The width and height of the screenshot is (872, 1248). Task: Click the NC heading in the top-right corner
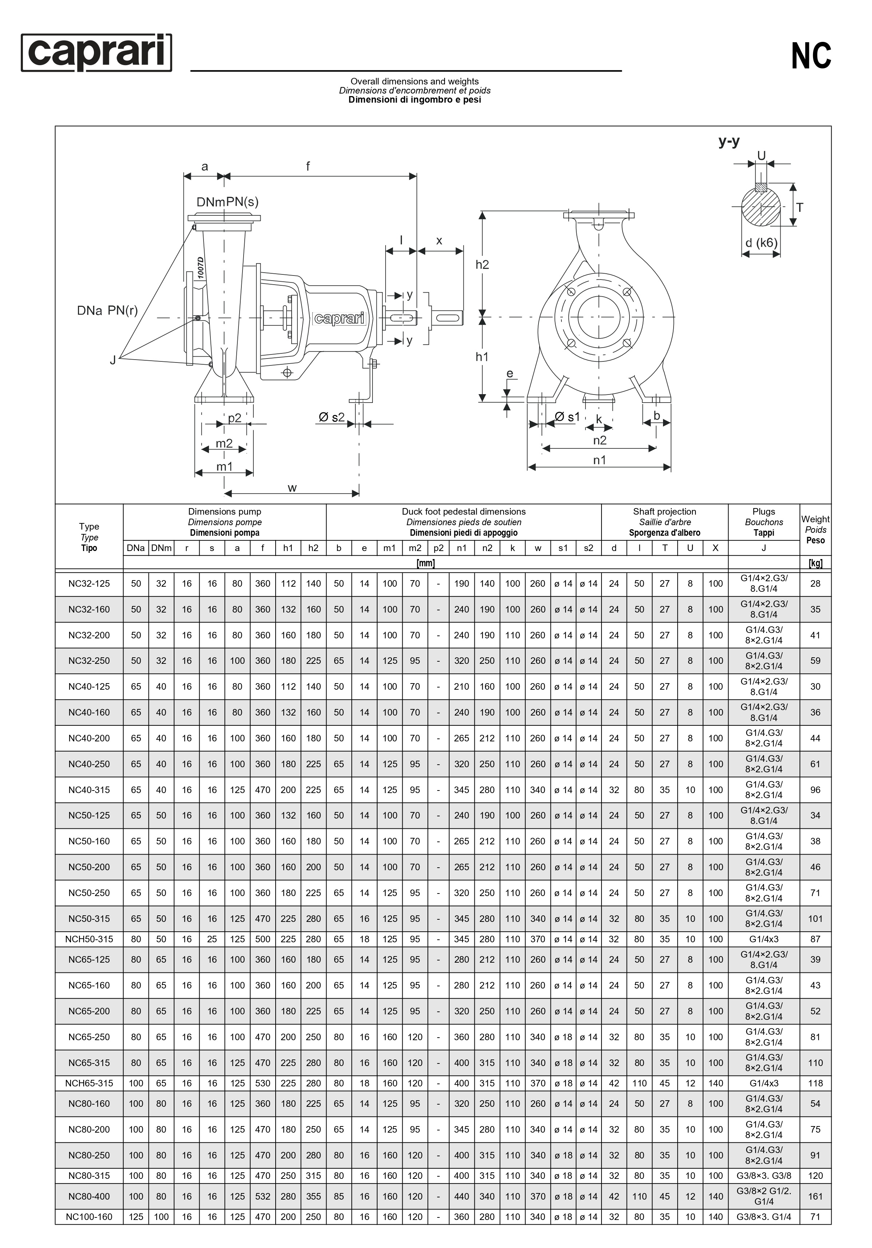810,56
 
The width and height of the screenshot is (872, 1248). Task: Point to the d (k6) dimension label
761,242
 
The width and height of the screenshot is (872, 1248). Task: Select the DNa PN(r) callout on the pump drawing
107,310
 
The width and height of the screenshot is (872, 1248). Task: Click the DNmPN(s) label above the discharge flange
227,202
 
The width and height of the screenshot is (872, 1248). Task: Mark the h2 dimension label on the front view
482,265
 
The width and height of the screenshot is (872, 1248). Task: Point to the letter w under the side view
292,488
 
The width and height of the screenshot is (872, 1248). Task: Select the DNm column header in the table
161,548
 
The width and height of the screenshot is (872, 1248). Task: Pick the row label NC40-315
89,790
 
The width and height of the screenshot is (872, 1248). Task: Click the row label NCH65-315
89,1083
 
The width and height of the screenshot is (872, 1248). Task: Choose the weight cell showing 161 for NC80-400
815,1196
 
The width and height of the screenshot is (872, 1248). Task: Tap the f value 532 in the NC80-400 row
263,1196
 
